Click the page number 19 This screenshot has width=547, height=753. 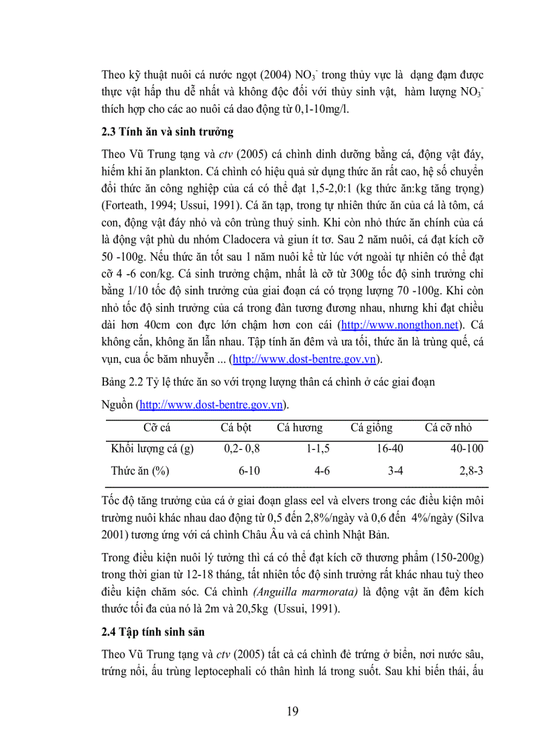[x=292, y=711]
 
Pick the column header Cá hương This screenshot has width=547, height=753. [x=299, y=428]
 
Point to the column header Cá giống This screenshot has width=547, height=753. [x=371, y=428]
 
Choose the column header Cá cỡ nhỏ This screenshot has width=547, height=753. [x=448, y=428]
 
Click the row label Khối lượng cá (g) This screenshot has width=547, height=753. [x=152, y=449]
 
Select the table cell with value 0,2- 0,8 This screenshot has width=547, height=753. [x=242, y=449]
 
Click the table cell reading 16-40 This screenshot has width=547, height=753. [x=389, y=449]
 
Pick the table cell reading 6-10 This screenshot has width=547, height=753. [x=249, y=471]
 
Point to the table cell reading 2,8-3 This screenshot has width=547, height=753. [x=471, y=471]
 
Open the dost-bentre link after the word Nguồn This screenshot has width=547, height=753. [x=211, y=405]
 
